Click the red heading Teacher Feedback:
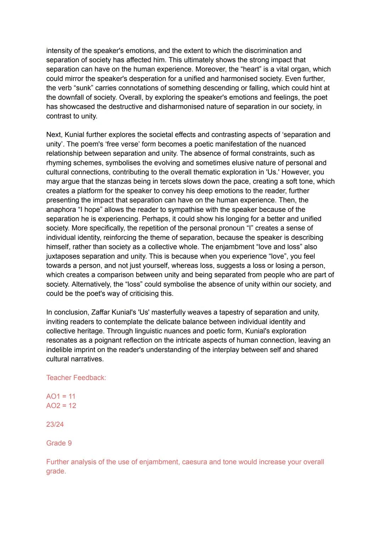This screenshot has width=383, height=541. tap(76, 378)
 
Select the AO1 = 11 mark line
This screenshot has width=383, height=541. tap(61, 396)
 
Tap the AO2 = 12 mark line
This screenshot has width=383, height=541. tap(61, 405)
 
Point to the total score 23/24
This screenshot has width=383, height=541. tap(55, 424)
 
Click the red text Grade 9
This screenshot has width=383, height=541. tap(59, 443)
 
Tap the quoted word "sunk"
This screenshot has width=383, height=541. tap(83, 88)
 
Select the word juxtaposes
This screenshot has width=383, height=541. tap(62, 256)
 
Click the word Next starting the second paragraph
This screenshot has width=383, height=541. tap(54, 135)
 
